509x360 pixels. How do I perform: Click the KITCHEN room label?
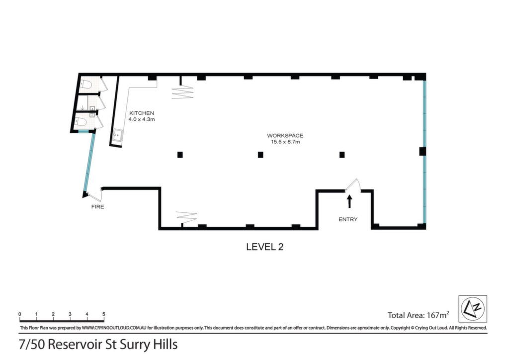coord(142,113)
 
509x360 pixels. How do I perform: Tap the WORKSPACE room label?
coord(285,136)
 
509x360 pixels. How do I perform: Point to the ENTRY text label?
coord(347,219)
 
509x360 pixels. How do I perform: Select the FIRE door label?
coord(98,207)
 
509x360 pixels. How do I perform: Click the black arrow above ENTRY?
coord(349,201)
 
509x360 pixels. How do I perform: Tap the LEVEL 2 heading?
coord(264,247)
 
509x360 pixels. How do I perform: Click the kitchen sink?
coord(117,136)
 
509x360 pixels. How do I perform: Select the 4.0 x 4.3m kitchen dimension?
coord(142,119)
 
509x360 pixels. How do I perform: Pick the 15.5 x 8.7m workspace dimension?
coord(285,142)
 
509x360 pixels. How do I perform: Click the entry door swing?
coord(353,185)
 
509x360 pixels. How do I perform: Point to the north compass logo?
coord(472,309)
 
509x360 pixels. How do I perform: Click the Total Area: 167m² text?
coord(419,315)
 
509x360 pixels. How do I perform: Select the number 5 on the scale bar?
coord(103,314)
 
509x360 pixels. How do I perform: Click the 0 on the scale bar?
coord(20,314)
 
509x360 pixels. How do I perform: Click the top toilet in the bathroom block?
coord(85,85)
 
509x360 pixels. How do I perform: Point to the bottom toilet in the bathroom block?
coord(81,123)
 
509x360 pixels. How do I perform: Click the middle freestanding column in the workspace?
coord(260,155)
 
